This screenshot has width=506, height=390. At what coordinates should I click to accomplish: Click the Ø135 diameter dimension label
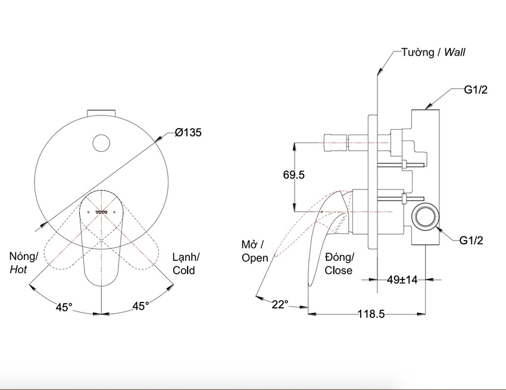(188, 132)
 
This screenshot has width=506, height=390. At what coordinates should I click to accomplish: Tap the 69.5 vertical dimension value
(293, 174)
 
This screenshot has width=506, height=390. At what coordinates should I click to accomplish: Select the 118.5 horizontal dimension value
(371, 313)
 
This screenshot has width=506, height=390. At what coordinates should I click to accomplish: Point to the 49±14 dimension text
(402, 280)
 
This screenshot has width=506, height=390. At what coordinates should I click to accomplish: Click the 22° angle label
(280, 304)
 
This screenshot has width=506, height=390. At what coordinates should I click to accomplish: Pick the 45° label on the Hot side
(64, 307)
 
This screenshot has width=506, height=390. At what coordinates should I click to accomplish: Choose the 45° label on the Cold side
(140, 305)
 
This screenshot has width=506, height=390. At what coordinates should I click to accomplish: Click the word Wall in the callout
(454, 52)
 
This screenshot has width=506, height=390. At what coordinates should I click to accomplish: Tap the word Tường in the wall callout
(417, 52)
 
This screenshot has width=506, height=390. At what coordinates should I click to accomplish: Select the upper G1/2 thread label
(476, 90)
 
